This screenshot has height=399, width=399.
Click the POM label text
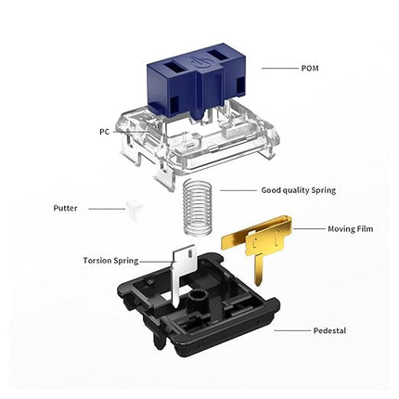pyautogui.click(x=310, y=68)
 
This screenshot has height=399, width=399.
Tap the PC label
pyautogui.click(x=104, y=132)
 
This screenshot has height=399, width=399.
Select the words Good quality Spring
pyautogui.click(x=299, y=190)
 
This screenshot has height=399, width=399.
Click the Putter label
pyautogui.click(x=65, y=208)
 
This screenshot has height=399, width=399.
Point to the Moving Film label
pyautogui.click(x=351, y=229)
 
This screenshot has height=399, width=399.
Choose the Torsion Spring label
pyautogui.click(x=110, y=261)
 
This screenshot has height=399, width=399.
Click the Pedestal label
pyautogui.click(x=329, y=330)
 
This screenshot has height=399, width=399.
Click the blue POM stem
pyautogui.click(x=197, y=82)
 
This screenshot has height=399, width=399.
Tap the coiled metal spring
pyautogui.click(x=196, y=209)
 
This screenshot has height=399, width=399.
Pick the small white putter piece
pyautogui.click(x=135, y=211)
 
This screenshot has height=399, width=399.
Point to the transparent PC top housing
pyautogui.click(x=198, y=139)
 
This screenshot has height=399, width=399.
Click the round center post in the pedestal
pyautogui.click(x=197, y=299)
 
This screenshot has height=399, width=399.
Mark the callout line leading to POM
pyautogui.click(x=279, y=68)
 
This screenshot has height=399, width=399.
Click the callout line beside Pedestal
pyautogui.click(x=292, y=330)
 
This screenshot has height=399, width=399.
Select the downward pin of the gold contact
pyautogui.click(x=259, y=268)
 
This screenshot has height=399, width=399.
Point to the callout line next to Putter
pyautogui.click(x=107, y=209)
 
